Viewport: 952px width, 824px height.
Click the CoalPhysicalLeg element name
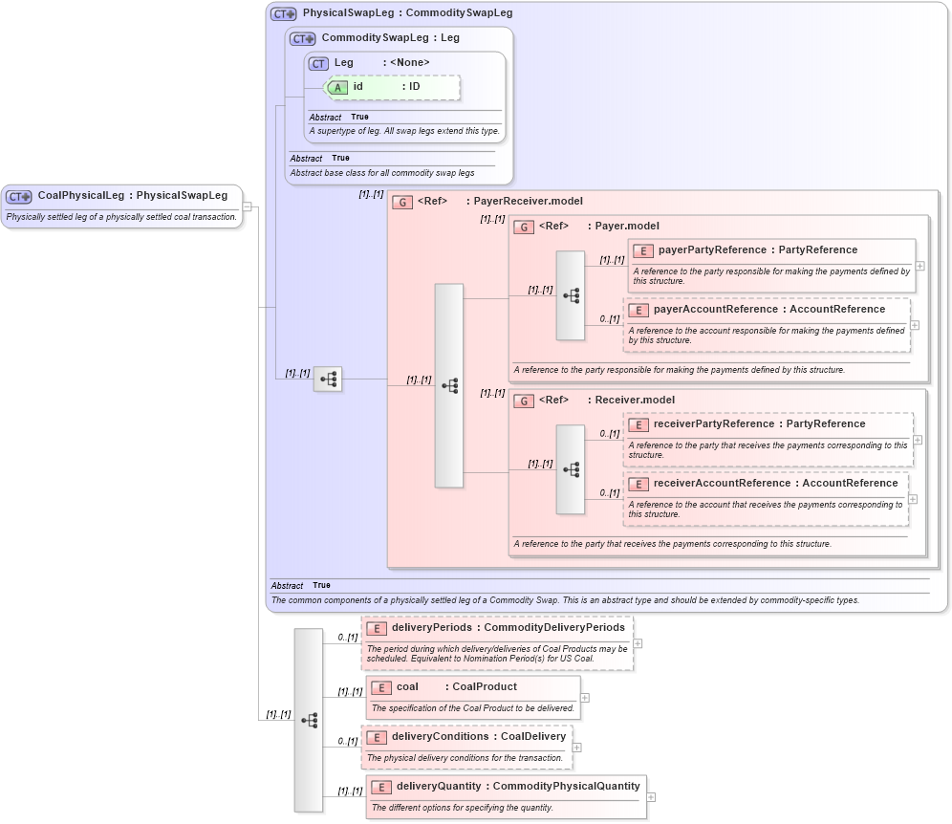[80, 196]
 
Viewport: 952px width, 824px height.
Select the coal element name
[407, 687]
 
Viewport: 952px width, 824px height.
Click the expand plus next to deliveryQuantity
[651, 797]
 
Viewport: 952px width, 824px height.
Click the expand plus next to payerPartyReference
[920, 267]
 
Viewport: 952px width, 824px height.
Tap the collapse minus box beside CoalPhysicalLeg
[247, 206]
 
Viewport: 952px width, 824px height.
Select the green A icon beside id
[338, 87]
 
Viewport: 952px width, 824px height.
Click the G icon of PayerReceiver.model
[402, 202]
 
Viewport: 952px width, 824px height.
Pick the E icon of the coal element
[380, 687]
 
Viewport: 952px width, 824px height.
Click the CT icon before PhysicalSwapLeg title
[283, 13]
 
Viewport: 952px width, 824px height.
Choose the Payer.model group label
[627, 227]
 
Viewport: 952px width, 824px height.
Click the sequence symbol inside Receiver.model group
[571, 469]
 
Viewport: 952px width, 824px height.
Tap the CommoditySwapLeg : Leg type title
[390, 38]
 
